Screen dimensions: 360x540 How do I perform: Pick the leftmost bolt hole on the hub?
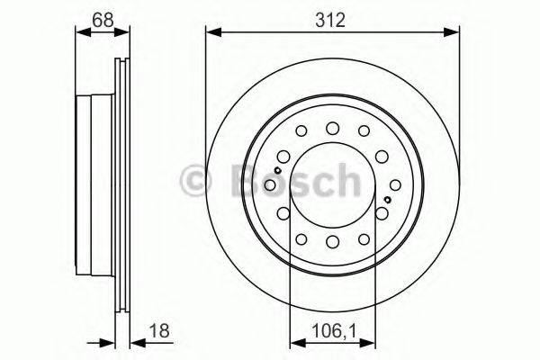tap(282, 212)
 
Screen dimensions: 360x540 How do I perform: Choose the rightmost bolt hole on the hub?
tap(382, 212)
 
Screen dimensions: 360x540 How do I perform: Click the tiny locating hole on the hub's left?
tap(280, 171)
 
